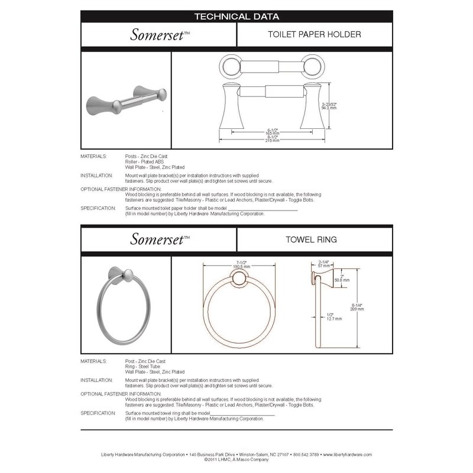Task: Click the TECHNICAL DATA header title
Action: [237, 17]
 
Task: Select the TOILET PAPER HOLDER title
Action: [306, 35]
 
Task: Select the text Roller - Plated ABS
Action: [145, 161]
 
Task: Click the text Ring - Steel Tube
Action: [142, 367]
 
